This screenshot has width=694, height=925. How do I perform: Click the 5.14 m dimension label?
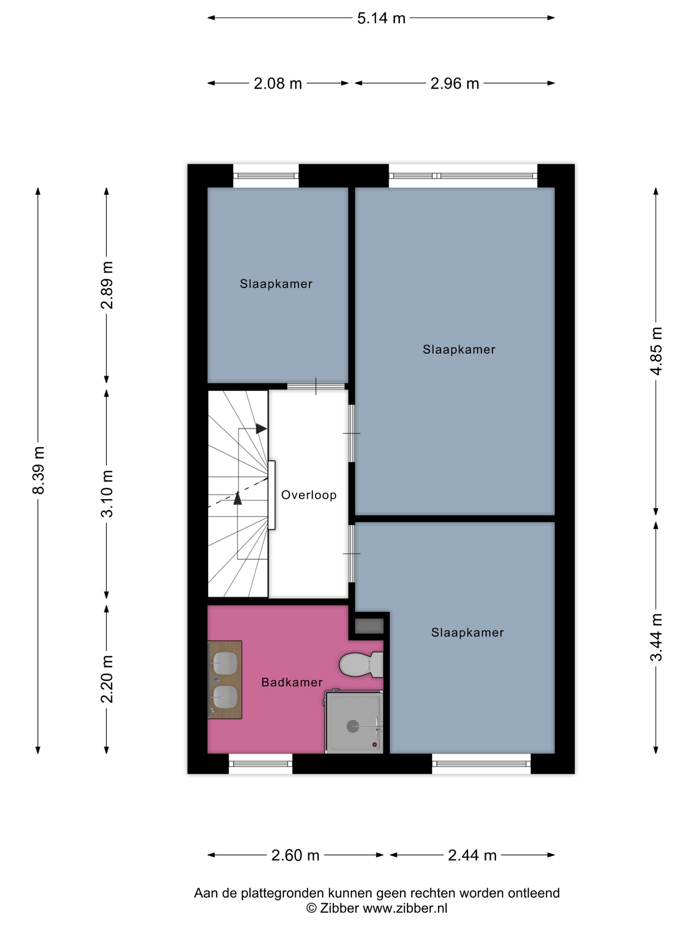[x=381, y=18]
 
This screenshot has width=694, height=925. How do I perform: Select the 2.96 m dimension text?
[x=454, y=84]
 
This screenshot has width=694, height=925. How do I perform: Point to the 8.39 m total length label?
[x=38, y=470]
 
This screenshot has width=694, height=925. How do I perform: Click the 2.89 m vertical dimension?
[x=107, y=285]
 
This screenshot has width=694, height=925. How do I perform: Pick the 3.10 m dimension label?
[x=107, y=494]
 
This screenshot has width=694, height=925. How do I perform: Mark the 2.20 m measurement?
[x=107, y=679]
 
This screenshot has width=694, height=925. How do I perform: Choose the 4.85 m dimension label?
[x=656, y=351]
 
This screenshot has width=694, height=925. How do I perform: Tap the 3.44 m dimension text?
[x=656, y=637]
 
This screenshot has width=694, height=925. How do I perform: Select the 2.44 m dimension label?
[x=472, y=856]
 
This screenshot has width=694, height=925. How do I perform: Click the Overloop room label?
[x=309, y=495]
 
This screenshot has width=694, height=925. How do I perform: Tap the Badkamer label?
[x=291, y=683]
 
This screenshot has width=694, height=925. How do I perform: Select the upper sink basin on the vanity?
[x=225, y=664]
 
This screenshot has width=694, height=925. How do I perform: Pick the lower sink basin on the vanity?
[x=225, y=697]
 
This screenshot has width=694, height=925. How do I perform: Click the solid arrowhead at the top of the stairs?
[x=261, y=428]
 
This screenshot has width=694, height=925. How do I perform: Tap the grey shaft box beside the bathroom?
[x=369, y=626]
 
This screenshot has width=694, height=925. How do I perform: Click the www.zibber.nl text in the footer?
[x=405, y=908]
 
